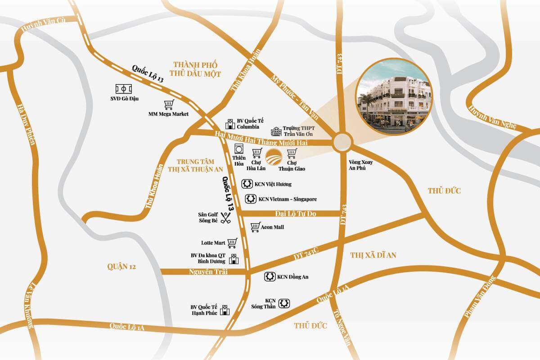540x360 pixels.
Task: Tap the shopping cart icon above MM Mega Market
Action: tap(169, 105)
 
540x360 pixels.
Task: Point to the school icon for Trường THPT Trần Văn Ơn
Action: tap(276, 131)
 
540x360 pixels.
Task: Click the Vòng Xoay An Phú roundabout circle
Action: tap(342, 143)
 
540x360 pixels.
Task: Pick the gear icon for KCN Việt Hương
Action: tap(246, 184)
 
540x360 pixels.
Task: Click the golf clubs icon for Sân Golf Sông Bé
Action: tap(226, 218)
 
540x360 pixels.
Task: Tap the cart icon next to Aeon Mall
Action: tap(256, 227)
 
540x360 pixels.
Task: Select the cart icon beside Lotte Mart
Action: tap(232, 243)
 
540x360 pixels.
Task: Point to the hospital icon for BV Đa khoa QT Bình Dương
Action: tap(234, 259)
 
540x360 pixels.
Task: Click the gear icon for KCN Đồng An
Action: tap(270, 277)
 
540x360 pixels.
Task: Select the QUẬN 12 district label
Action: tap(121, 266)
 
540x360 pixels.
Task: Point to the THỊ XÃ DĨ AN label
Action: tap(373, 255)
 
